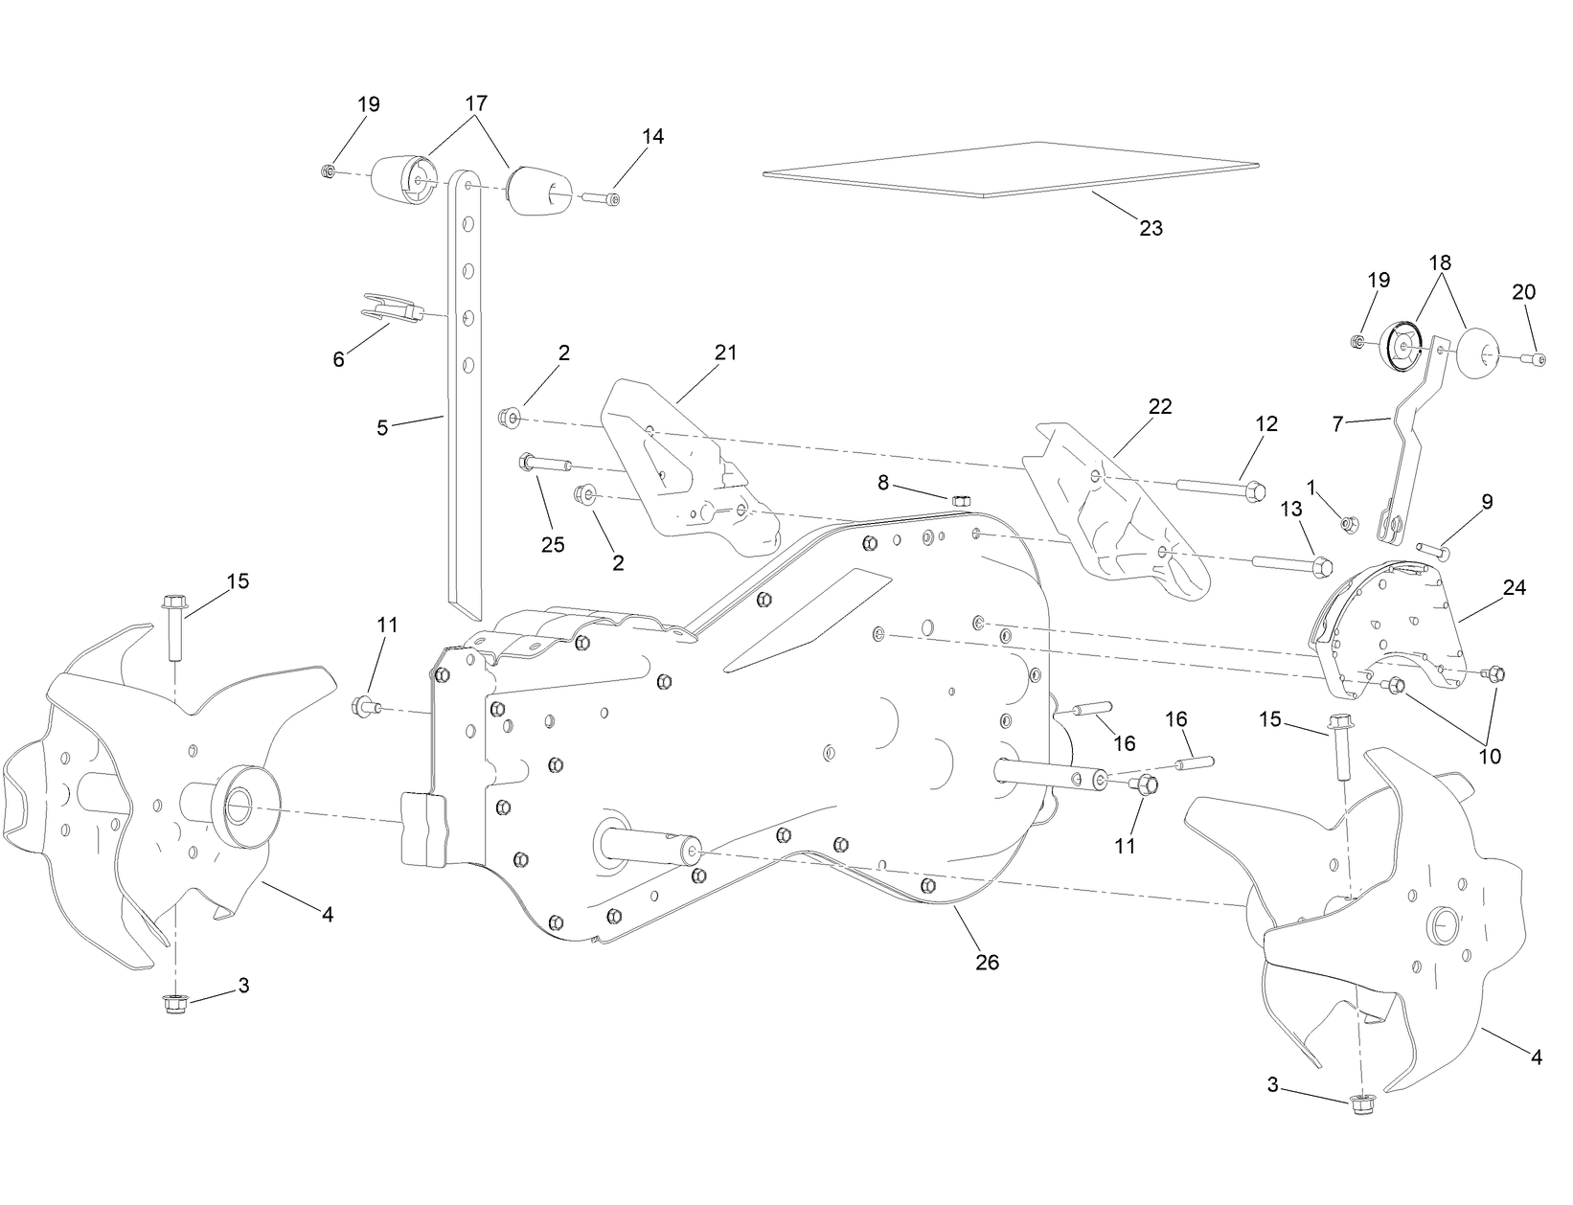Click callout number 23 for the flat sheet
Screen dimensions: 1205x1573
1151,228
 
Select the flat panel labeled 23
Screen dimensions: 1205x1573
1006,170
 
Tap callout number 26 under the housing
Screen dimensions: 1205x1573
986,963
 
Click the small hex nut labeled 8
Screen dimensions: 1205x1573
962,500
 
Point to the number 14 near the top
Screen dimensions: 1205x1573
652,137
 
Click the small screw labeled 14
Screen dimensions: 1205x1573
600,198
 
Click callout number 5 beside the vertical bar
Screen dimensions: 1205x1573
382,428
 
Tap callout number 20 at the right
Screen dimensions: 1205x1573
1524,292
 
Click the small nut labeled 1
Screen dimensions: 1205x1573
1350,523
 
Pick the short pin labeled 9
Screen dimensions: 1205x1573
1430,551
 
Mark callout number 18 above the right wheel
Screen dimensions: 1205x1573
1440,261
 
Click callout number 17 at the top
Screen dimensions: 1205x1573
476,103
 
